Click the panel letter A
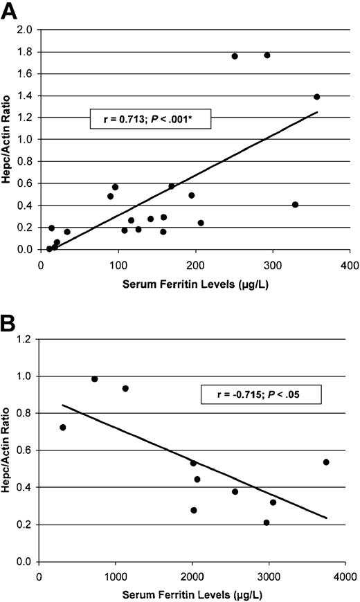tap(10, 12)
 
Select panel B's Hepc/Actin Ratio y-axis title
tap(9, 450)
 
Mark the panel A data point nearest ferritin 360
tap(316, 97)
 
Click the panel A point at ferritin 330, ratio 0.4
tap(295, 205)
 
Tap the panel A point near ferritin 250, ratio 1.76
tap(235, 56)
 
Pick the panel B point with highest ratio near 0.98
tap(95, 379)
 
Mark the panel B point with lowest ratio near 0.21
tap(267, 522)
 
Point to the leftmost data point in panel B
tap(63, 428)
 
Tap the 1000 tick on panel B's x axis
tap(116, 575)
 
